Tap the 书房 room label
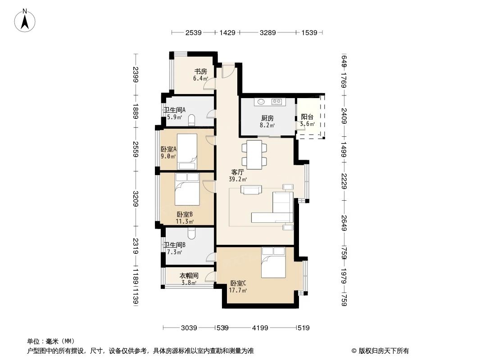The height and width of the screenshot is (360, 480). (200, 71)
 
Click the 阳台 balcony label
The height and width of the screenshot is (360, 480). (307, 117)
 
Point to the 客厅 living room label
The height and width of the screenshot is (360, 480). (238, 172)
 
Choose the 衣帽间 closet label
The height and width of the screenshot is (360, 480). (189, 276)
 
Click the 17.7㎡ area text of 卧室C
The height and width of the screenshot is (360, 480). (237, 290)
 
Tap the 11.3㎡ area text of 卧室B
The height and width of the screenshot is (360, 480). (185, 221)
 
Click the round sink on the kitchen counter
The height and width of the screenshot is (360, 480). (261, 102)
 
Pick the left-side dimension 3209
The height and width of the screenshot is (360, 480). (135, 198)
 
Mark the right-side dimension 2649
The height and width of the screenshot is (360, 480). (344, 222)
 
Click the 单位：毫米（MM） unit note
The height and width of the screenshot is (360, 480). (51, 341)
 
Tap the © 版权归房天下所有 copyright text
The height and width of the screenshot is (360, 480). (380, 351)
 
